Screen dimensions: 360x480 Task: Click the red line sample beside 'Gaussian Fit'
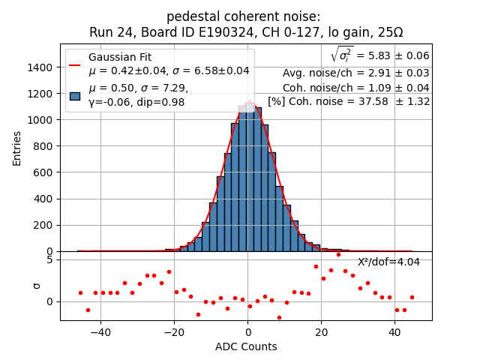coord(75,64)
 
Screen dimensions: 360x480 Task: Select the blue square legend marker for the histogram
coord(75,95)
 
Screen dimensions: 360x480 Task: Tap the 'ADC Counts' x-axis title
coord(246,346)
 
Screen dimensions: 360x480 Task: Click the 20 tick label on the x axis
coord(321,331)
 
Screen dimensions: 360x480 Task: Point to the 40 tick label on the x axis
coord(394,331)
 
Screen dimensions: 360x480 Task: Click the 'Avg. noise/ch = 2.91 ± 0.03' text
coord(355,73)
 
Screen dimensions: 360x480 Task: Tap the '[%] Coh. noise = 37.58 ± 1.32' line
coord(349,101)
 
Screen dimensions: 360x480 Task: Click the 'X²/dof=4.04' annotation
coord(388,262)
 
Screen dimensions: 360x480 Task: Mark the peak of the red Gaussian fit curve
coord(249,100)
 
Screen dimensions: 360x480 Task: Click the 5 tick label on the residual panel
coord(49,259)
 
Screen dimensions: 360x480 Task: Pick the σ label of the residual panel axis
coord(35,285)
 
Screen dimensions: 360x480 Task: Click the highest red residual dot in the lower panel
coord(338,254)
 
